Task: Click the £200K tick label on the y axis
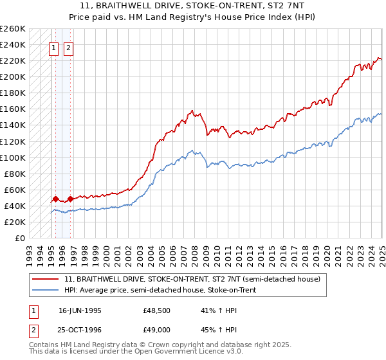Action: pyautogui.click(x=13, y=76)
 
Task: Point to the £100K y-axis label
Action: pyautogui.click(x=13, y=157)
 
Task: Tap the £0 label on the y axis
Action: pyautogui.click(x=19, y=238)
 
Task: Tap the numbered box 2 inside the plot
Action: pyautogui.click(x=69, y=47)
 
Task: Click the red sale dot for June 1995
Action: pyautogui.click(x=56, y=199)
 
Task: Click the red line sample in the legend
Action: pyautogui.click(x=46, y=279)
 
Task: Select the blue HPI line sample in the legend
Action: pyautogui.click(x=46, y=291)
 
